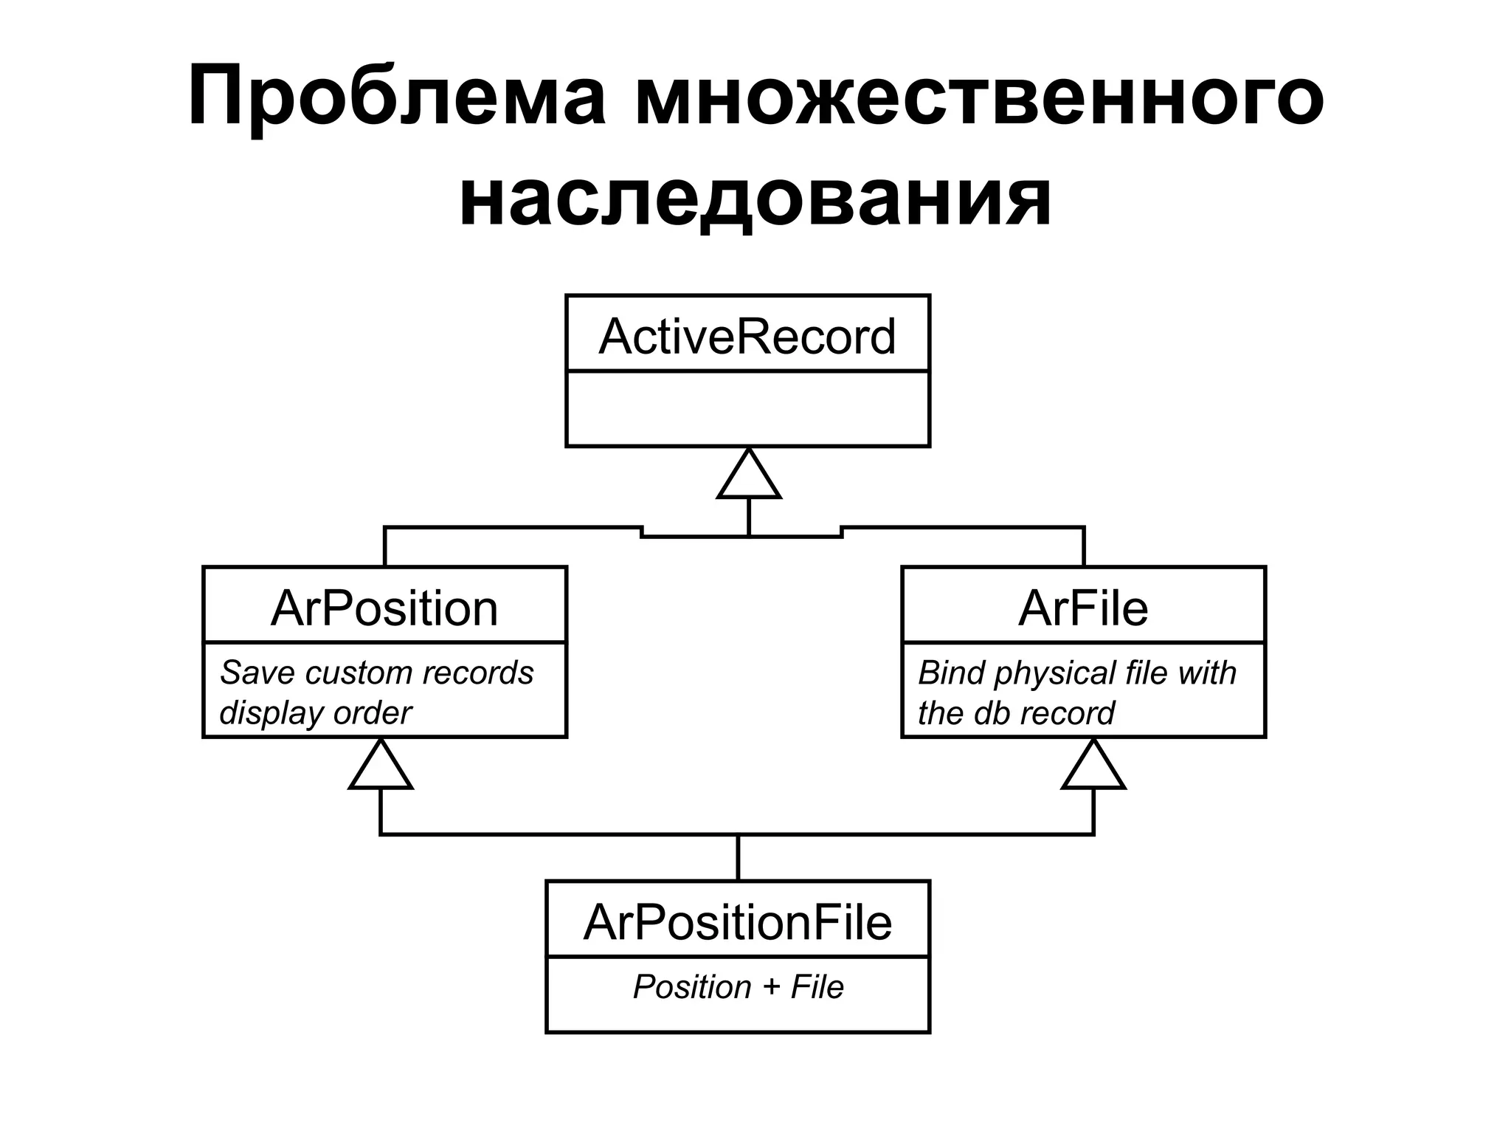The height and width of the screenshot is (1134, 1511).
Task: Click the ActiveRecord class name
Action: click(x=747, y=337)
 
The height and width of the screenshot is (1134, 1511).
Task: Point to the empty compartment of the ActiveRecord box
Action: click(x=747, y=408)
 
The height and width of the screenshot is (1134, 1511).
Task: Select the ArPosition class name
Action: click(x=384, y=608)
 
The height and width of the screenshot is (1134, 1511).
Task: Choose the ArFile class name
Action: click(x=1083, y=608)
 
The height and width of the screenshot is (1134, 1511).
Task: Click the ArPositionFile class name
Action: click(x=738, y=922)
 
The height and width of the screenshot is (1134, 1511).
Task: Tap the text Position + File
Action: click(x=738, y=987)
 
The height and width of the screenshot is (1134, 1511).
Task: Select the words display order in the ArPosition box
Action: click(x=315, y=713)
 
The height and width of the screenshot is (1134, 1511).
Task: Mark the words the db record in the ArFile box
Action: click(x=1016, y=713)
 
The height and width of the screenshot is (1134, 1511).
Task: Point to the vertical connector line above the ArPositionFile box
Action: click(x=738, y=857)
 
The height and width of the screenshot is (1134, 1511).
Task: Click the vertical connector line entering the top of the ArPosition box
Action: click(x=384, y=547)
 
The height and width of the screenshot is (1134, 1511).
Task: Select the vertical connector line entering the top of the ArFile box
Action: click(x=1083, y=547)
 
